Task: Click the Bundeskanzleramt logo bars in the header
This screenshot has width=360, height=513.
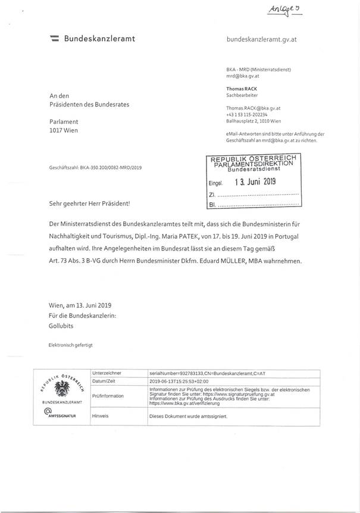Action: coord(54,39)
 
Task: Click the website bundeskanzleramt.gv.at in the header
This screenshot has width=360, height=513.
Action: coord(262,39)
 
